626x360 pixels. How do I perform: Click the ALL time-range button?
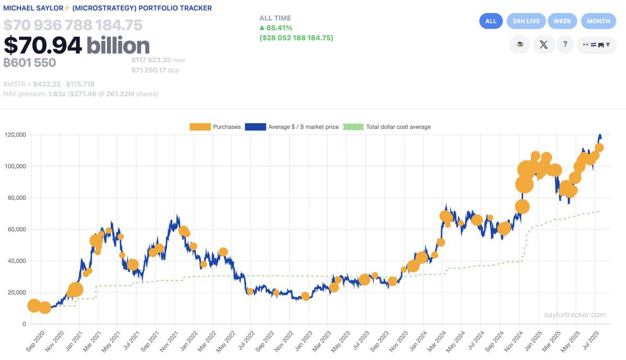pos(491,21)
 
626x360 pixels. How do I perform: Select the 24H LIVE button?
pos(526,21)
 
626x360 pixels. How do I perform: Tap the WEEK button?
pos(562,21)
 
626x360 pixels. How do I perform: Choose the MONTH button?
pos(598,21)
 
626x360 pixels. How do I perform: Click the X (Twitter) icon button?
pos(544,44)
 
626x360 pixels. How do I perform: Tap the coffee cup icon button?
pos(520,44)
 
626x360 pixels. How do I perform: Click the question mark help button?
pos(565,44)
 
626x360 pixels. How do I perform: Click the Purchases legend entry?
pos(215,127)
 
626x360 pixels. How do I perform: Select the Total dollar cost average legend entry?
pos(387,127)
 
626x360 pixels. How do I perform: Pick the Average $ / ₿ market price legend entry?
pos(293,127)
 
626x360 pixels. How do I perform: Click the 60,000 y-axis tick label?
pos(16,230)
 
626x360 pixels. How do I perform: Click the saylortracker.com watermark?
pos(574,315)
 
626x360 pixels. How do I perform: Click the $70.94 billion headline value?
pos(76,46)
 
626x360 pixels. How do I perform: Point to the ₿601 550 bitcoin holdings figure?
pos(30,63)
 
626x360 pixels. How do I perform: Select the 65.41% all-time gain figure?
pos(279,28)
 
